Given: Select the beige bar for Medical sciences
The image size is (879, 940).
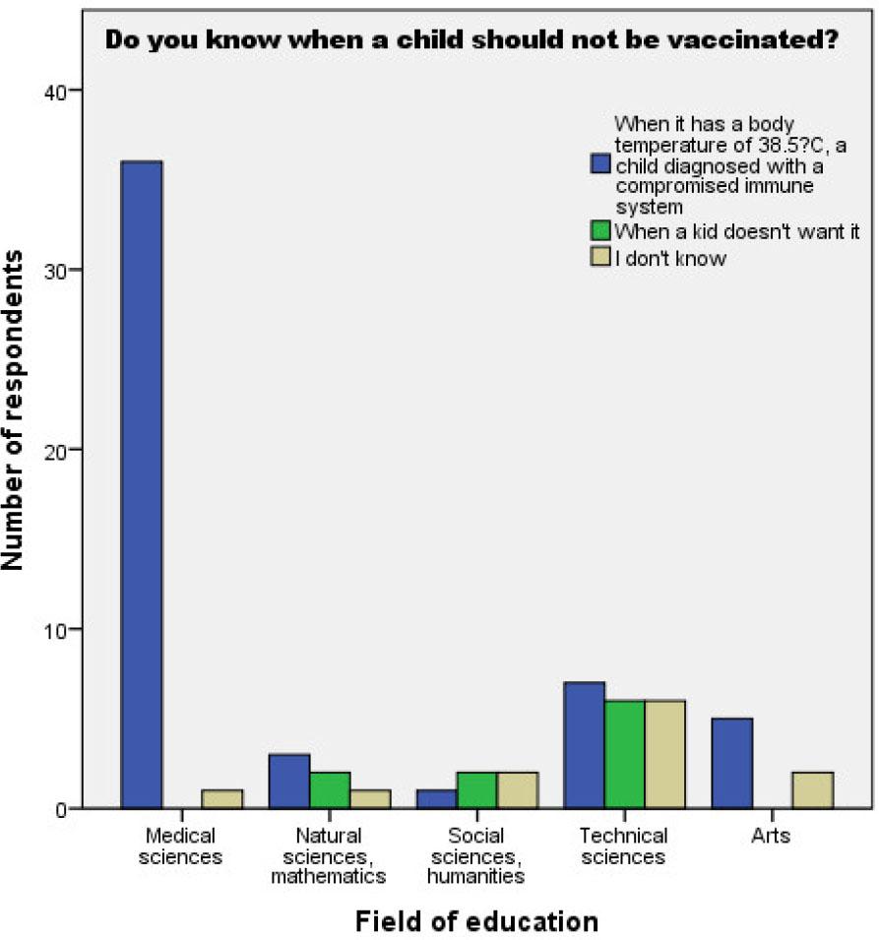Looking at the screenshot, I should click(x=222, y=798).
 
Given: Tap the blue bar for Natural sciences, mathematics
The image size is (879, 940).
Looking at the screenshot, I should click(x=289, y=781).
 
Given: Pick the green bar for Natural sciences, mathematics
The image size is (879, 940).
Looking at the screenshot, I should click(x=330, y=789).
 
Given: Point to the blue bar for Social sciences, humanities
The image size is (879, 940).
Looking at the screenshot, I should click(x=437, y=798).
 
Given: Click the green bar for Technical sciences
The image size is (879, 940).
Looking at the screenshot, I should click(x=625, y=754).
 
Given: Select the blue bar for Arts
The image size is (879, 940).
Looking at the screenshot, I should click(x=732, y=763).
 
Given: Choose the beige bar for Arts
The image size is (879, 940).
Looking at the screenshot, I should click(x=813, y=789).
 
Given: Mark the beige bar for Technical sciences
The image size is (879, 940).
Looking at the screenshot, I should click(x=665, y=754).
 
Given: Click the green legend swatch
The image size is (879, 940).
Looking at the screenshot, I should click(x=600, y=232).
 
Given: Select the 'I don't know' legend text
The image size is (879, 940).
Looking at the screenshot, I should click(x=670, y=258).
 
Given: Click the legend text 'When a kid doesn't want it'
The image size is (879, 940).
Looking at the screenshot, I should click(x=737, y=232).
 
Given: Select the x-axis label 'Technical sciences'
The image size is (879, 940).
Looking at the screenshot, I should click(x=624, y=846).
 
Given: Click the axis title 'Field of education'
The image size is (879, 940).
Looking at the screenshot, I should click(x=476, y=921).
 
